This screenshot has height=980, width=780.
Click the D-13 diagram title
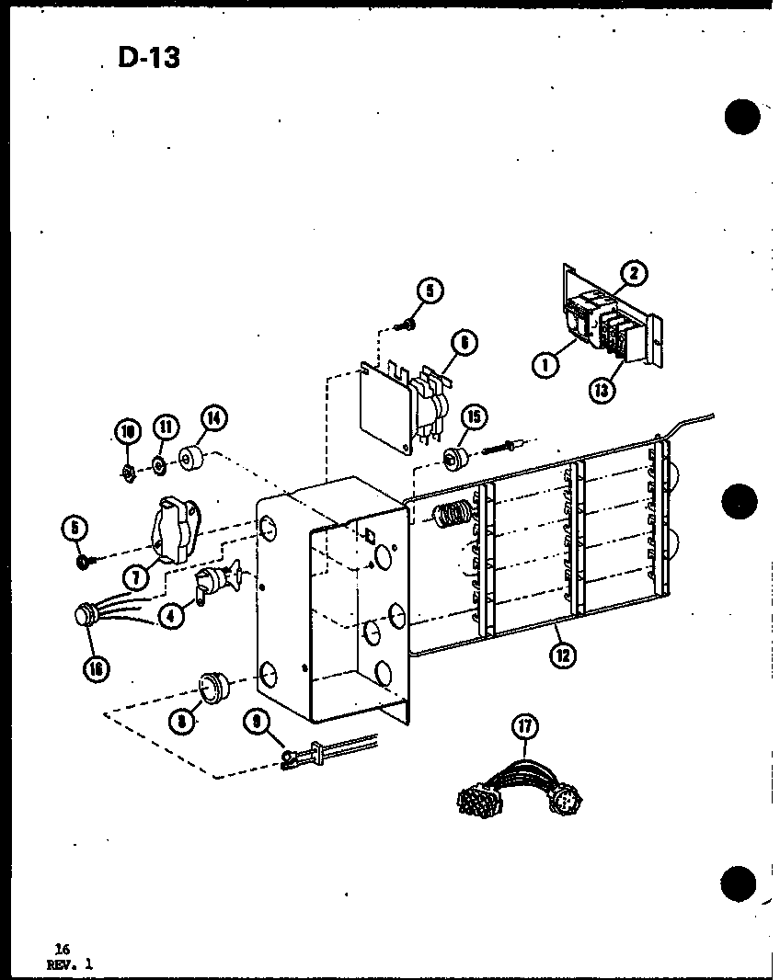148,57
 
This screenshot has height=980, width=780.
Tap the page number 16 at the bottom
37,949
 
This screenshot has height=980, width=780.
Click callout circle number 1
545,364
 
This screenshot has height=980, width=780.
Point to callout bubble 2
633,273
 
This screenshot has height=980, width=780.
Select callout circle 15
473,417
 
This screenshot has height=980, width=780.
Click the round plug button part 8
213,687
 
